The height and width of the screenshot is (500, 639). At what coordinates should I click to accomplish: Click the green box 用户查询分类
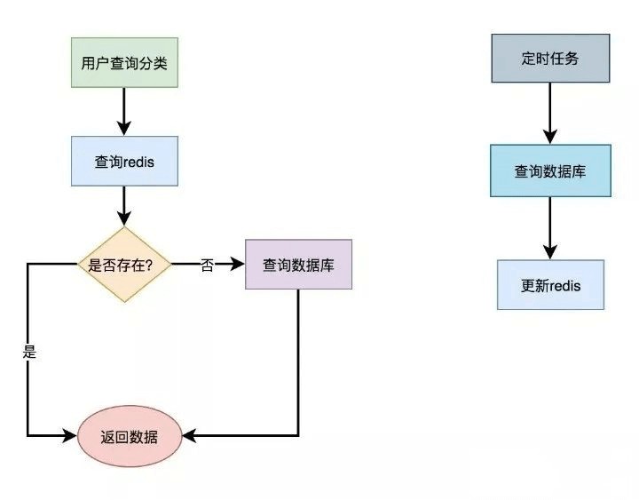point(124,64)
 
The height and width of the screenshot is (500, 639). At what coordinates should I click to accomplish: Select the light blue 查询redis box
point(124,162)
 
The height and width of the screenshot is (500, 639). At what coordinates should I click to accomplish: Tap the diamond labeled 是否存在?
point(124,265)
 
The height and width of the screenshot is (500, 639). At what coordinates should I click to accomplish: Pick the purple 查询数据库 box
point(298,265)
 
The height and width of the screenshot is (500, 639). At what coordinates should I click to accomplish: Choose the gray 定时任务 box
point(550,59)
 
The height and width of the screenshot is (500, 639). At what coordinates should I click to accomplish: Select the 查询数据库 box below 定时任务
point(550,171)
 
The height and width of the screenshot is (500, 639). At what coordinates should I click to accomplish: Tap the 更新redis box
point(550,285)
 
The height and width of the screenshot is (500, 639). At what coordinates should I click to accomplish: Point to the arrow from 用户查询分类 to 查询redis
point(124,112)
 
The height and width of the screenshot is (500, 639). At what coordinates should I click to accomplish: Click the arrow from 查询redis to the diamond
point(124,207)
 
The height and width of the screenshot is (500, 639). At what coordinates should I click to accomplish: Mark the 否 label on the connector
point(207,266)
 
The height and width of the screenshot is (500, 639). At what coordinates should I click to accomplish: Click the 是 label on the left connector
point(28,352)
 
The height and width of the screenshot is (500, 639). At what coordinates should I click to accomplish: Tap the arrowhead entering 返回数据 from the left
point(71,435)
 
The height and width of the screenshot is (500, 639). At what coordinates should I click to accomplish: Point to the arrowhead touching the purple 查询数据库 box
point(237,265)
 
